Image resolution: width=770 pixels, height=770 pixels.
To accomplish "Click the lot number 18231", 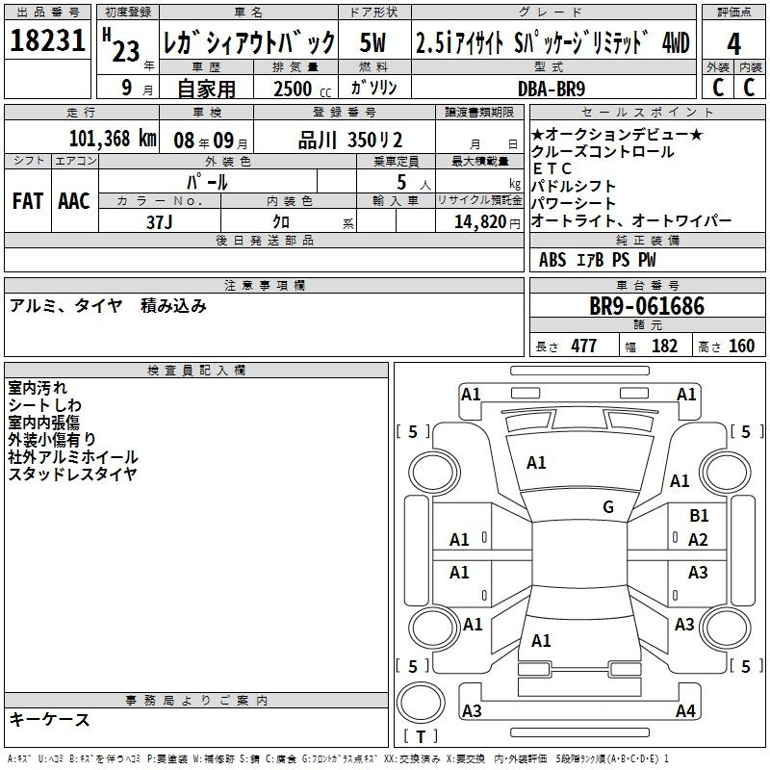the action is (x=47, y=40).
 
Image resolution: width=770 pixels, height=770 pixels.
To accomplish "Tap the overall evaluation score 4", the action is (x=733, y=44).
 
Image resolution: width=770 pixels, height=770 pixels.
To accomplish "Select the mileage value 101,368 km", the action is (x=113, y=139).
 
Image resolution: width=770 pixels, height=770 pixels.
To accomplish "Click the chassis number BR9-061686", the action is (x=647, y=306).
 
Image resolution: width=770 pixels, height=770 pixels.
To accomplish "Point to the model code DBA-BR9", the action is (x=552, y=89).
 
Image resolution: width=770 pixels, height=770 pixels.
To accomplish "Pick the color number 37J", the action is (x=160, y=222).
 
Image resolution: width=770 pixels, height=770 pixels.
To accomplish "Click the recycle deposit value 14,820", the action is (x=480, y=222).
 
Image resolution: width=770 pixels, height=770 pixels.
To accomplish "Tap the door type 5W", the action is (x=372, y=42).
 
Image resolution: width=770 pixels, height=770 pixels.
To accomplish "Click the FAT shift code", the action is (x=28, y=201).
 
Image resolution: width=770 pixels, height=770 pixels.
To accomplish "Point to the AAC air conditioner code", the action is (x=74, y=201).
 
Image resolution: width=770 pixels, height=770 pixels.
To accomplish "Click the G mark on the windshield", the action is (x=608, y=507).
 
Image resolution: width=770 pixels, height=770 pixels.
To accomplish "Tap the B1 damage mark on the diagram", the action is (x=699, y=516).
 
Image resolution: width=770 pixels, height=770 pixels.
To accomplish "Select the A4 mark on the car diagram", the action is (x=685, y=710).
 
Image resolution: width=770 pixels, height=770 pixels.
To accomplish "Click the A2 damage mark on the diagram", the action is (x=698, y=540).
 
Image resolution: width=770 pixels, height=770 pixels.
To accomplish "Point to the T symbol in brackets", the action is (x=421, y=736).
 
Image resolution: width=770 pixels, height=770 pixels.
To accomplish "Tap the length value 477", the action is (x=584, y=346).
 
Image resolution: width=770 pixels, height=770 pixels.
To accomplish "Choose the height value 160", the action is (x=741, y=346).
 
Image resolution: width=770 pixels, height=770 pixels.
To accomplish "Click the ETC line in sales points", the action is (x=552, y=169).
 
